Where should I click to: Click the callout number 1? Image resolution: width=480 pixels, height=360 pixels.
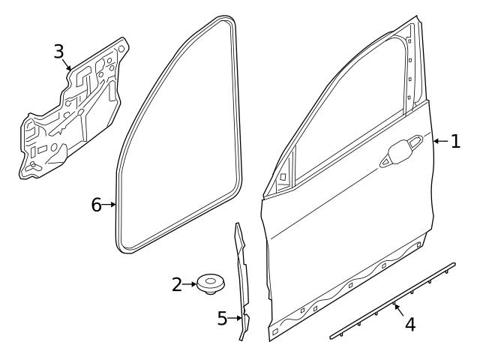[x=455, y=141]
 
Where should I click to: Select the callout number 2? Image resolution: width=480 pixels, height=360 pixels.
[x=177, y=285]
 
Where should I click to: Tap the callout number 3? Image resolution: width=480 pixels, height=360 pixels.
[x=59, y=51]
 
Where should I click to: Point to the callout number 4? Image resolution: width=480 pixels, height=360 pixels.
[x=409, y=325]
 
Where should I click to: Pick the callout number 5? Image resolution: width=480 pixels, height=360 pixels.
[x=222, y=319]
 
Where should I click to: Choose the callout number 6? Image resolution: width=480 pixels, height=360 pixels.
[x=97, y=205]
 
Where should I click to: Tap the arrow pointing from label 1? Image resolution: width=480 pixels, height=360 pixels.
[x=440, y=141]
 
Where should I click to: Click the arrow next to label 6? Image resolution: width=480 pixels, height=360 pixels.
[x=110, y=205]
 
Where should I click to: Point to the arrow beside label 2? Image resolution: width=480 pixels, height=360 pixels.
[x=190, y=285]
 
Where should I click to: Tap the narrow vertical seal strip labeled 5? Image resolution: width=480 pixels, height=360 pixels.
[x=241, y=277]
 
